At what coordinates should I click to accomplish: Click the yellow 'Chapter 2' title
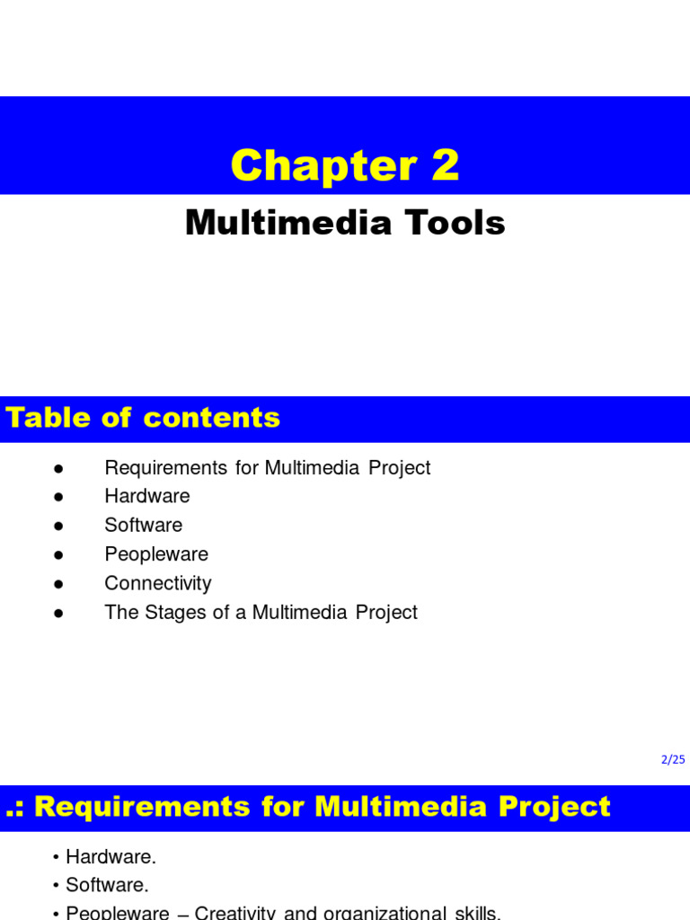pyautogui.click(x=345, y=165)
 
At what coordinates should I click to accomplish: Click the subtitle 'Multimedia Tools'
pyautogui.click(x=345, y=223)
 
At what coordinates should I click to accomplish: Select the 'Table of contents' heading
pyautogui.click(x=143, y=418)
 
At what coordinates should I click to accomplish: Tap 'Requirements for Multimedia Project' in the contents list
pyautogui.click(x=268, y=468)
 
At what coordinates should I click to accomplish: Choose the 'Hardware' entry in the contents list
pyautogui.click(x=147, y=496)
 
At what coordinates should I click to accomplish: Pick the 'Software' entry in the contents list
pyautogui.click(x=144, y=525)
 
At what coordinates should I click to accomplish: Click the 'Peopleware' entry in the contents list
pyautogui.click(x=156, y=554)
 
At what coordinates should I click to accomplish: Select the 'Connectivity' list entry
pyautogui.click(x=158, y=583)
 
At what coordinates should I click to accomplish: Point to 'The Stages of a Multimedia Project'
pyautogui.click(x=261, y=612)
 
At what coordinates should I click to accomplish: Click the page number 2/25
pyautogui.click(x=673, y=759)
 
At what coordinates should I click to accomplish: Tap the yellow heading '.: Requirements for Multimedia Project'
pyautogui.click(x=308, y=806)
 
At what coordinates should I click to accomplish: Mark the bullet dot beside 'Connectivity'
pyautogui.click(x=57, y=584)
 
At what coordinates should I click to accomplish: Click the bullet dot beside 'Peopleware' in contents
pyautogui.click(x=57, y=555)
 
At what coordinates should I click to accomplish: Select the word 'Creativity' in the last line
pyautogui.click(x=237, y=913)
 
